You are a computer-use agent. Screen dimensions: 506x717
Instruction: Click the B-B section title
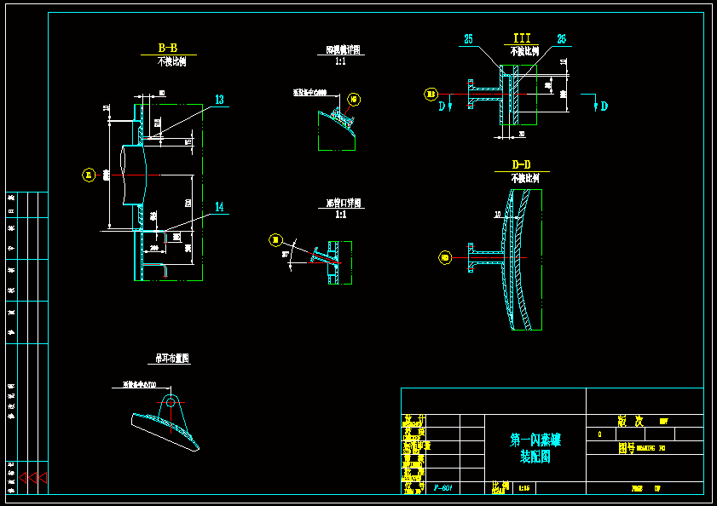pyautogui.click(x=168, y=48)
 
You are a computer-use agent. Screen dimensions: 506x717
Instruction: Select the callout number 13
pyautogui.click(x=219, y=100)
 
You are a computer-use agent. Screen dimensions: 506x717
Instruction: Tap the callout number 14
pyautogui.click(x=219, y=207)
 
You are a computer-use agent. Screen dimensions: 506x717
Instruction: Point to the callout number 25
pyautogui.click(x=469, y=39)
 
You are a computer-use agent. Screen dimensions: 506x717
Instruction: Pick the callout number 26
pyautogui.click(x=561, y=39)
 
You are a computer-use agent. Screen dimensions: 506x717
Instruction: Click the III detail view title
pyautogui.click(x=521, y=38)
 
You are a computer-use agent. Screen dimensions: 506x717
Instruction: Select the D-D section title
pyautogui.click(x=521, y=164)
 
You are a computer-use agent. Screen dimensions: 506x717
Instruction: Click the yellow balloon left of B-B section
pyautogui.click(x=88, y=175)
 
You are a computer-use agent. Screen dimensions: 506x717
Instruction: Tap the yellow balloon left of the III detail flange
pyautogui.click(x=431, y=94)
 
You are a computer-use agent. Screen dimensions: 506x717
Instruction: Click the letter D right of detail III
pyautogui.click(x=604, y=106)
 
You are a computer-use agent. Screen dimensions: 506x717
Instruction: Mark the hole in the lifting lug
pyautogui.click(x=171, y=401)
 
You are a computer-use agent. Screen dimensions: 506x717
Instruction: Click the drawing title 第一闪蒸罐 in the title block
pyautogui.click(x=535, y=440)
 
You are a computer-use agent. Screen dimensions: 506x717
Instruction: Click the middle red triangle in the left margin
pyautogui.click(x=32, y=478)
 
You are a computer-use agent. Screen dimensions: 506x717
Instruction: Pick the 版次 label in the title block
pyautogui.click(x=629, y=421)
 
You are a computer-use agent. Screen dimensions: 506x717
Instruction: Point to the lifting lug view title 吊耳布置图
pyautogui.click(x=172, y=359)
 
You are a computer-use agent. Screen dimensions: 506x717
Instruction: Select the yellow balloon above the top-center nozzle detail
pyautogui.click(x=355, y=100)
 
